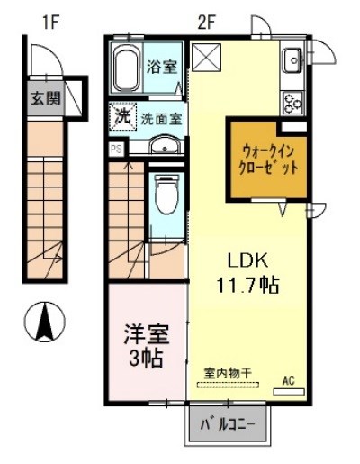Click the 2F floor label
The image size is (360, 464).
pos(206,20)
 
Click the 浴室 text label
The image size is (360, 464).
pos(164,65)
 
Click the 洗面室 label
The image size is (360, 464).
pos(158,118)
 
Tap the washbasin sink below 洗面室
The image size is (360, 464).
pos(163,148)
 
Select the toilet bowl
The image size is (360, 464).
pos(166,191)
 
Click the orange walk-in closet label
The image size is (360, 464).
pos(266,159)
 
